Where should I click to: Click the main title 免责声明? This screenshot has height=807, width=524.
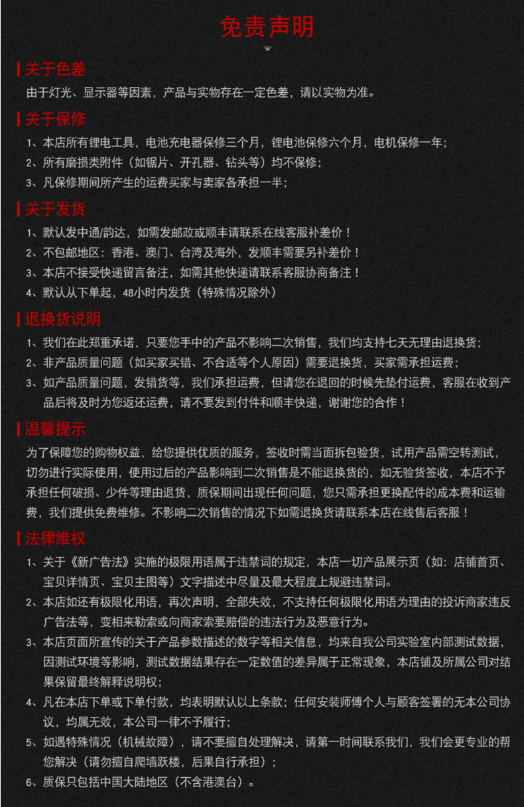pos(267,27)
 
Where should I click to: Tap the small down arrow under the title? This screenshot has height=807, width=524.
pos(267,49)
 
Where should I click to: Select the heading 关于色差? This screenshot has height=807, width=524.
pos(55,69)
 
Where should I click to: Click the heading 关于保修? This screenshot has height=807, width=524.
pos(55,119)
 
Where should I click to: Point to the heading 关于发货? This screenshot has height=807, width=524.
pos(55,210)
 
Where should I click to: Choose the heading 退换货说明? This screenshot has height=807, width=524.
pos(62,319)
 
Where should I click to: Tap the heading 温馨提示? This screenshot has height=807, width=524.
pos(55,429)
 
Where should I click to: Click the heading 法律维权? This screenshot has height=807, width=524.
pos(55,538)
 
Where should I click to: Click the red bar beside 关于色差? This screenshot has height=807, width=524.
pos(19,69)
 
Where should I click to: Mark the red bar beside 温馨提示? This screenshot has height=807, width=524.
pos(19,429)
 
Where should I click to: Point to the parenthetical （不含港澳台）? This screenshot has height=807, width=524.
pos(214,782)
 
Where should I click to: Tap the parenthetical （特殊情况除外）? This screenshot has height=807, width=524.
pos(230,292)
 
